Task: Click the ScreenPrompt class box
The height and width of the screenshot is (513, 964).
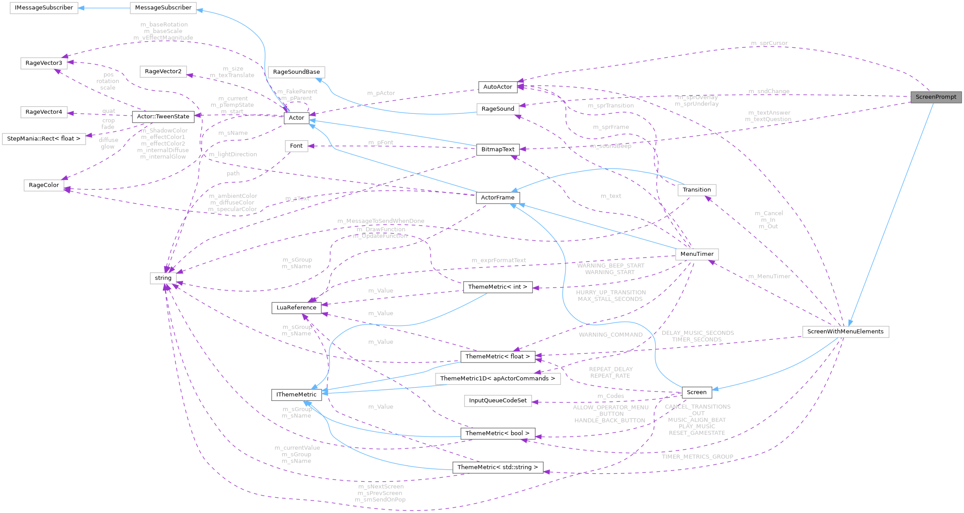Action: coord(935,97)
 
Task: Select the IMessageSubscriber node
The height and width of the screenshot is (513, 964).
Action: coord(44,8)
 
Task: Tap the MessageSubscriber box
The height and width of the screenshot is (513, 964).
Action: coord(163,8)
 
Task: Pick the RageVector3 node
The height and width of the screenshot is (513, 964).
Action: coord(44,63)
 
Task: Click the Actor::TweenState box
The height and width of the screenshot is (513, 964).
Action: coord(163,117)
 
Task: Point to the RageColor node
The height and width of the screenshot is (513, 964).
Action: coord(44,185)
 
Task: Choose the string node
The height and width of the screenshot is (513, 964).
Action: coord(163,278)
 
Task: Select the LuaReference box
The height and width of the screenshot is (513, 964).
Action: coord(296,307)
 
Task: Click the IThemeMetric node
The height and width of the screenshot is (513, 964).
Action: coord(296,394)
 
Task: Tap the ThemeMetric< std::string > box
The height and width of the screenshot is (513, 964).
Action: coord(497,467)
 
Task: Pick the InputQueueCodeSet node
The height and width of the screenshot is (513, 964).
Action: coord(497,400)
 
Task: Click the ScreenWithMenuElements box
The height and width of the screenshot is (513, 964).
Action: coord(845,331)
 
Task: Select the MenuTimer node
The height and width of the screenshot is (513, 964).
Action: coord(697,254)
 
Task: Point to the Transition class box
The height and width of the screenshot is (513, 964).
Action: coord(697,190)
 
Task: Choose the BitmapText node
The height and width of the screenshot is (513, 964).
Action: coord(498,149)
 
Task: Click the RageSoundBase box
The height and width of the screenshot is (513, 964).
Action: coord(296,72)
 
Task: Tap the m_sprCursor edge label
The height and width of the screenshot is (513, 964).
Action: coord(769,43)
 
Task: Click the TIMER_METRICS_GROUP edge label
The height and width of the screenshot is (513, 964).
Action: coord(697,457)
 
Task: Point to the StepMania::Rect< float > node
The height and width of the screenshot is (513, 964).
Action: coord(44,138)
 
